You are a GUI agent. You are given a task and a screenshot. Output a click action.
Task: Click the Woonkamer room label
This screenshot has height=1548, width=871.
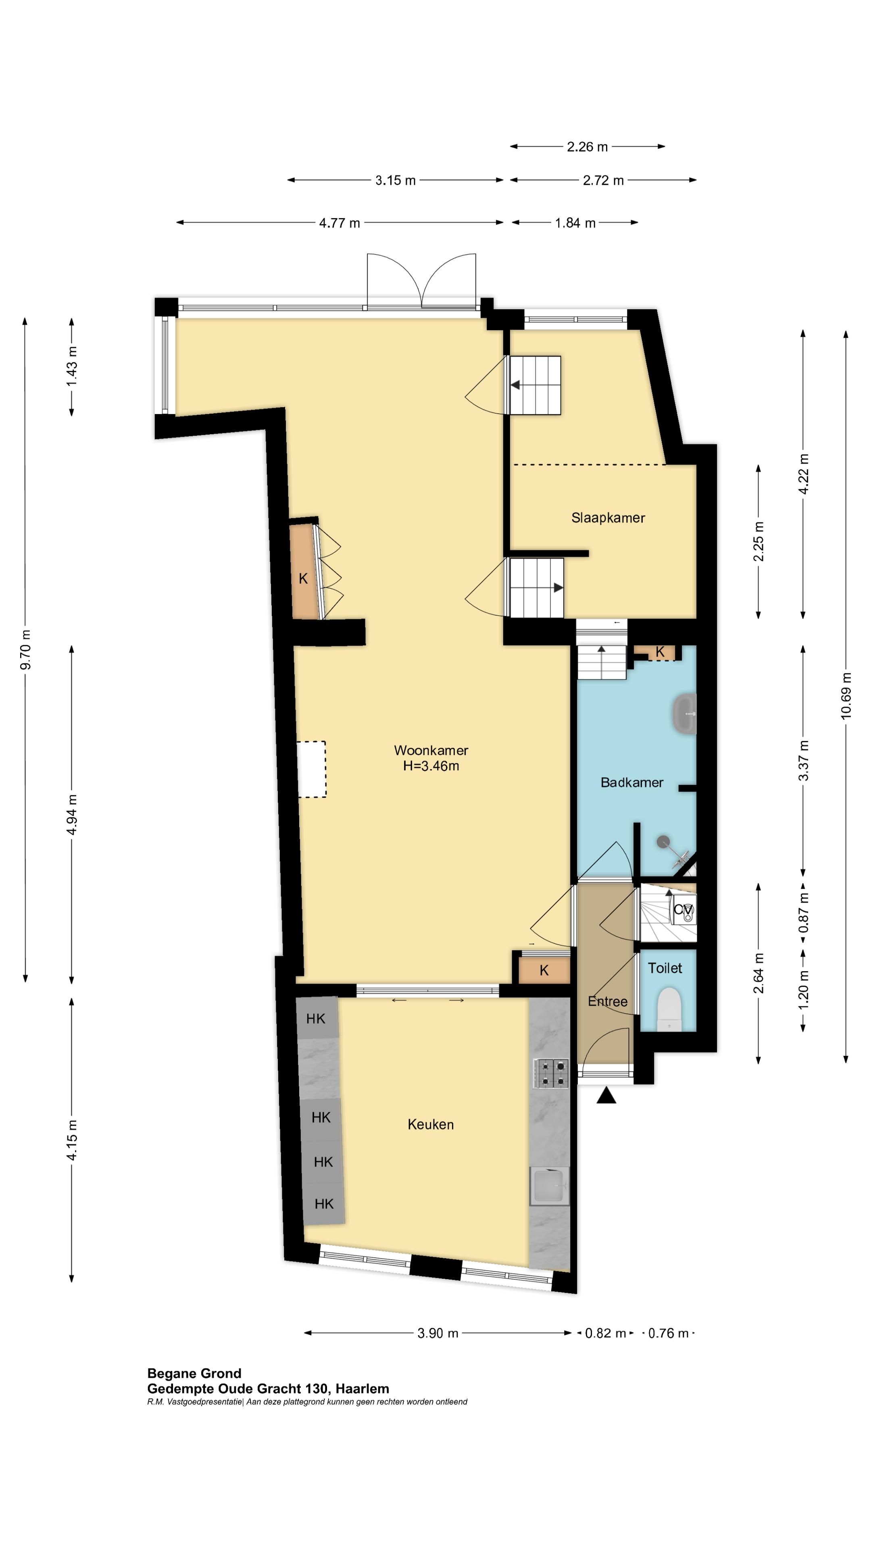click(431, 750)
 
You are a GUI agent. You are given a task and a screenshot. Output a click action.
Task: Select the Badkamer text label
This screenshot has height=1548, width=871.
click(632, 782)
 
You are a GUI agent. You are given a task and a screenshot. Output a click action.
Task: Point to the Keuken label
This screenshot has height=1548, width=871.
click(430, 1124)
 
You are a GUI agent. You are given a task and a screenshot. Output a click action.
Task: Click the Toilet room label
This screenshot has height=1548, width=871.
click(665, 968)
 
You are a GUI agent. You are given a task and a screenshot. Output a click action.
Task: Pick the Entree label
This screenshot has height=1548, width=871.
click(607, 1001)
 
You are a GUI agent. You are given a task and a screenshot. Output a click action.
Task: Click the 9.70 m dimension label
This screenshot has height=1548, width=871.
click(25, 649)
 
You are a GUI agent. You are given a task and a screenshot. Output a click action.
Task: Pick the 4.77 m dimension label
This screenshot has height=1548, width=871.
click(339, 223)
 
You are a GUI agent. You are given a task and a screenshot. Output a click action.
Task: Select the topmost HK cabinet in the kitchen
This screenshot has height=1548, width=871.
click(316, 1018)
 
